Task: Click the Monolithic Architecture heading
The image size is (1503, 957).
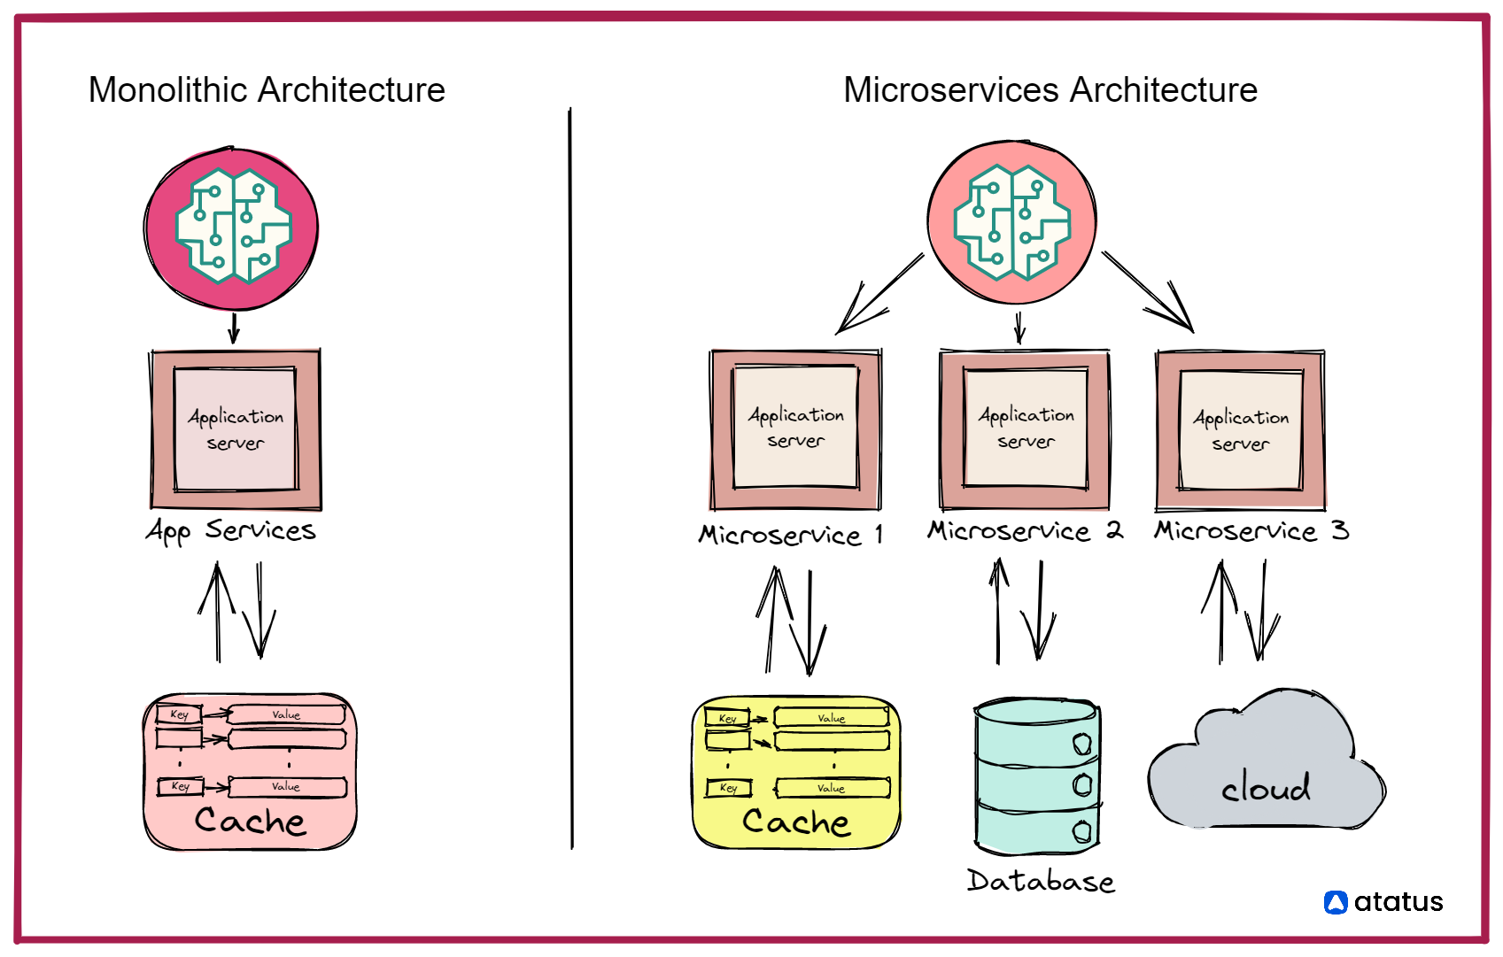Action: tap(267, 90)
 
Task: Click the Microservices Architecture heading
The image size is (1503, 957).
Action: tap(1050, 90)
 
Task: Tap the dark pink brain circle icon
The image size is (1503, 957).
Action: tap(232, 228)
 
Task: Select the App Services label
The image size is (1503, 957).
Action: tap(231, 530)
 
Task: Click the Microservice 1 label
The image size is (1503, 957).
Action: tap(790, 535)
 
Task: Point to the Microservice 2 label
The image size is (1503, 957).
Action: tap(1025, 531)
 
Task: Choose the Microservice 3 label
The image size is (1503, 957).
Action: tap(1251, 531)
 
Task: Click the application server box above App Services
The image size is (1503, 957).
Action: tap(236, 429)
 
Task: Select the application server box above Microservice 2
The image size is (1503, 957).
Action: tap(1026, 428)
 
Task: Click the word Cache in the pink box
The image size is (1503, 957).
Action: tap(250, 821)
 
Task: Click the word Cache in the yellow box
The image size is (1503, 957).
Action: tap(796, 822)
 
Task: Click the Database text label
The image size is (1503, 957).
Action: tap(1041, 881)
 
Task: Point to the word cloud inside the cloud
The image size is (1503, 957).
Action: tap(1266, 787)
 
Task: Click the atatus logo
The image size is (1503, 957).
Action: tap(1384, 902)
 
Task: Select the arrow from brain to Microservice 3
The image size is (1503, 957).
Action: tap(1149, 293)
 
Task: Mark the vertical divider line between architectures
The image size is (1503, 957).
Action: tap(570, 478)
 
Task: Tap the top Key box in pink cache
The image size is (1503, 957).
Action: tap(179, 714)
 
